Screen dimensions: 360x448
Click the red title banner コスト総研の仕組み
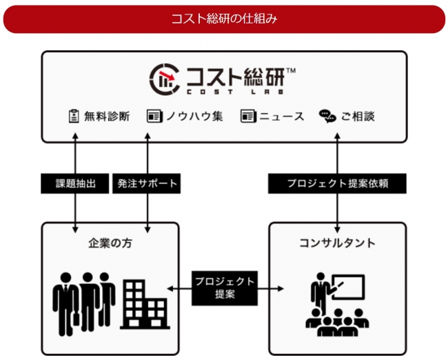click(x=224, y=19)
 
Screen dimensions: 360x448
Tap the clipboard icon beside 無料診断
click(x=73, y=116)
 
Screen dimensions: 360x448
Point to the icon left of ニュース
click(x=247, y=116)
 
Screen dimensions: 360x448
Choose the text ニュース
click(x=281, y=116)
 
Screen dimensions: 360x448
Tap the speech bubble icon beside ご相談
click(x=327, y=116)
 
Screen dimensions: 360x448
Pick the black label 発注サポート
click(x=147, y=183)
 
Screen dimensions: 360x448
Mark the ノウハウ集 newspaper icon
click(x=153, y=116)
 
